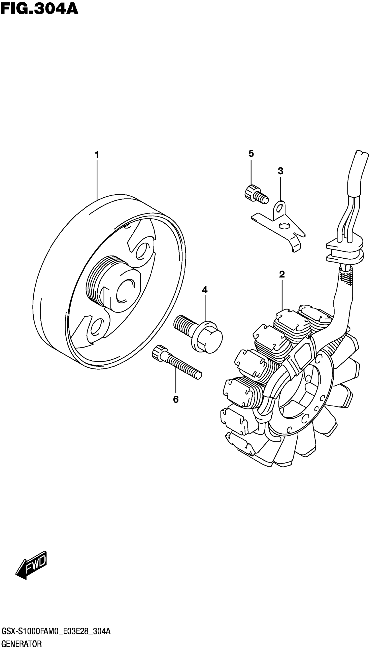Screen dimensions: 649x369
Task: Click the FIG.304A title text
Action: pos(39,9)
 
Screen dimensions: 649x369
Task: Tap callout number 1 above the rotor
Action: pos(97,155)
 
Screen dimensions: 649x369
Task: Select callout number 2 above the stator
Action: pos(282,274)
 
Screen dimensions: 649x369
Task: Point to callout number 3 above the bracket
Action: pos(280,171)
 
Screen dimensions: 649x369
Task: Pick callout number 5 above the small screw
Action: pos(251,153)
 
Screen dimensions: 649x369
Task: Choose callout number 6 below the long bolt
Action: pos(176,400)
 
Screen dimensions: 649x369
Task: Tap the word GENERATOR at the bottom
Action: pos(21,642)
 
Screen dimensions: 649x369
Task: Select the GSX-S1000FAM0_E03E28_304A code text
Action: pos(56,629)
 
